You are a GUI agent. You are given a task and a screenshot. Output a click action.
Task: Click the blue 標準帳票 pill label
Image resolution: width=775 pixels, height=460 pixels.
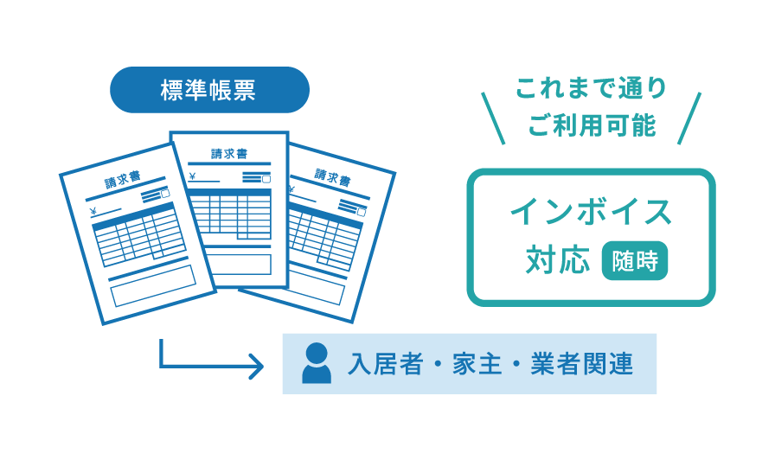pyautogui.click(x=209, y=90)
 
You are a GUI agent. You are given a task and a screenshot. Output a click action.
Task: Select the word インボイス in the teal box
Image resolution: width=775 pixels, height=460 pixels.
pyautogui.click(x=591, y=212)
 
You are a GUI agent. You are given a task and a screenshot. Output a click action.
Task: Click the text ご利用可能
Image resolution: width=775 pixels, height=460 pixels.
pyautogui.click(x=592, y=125)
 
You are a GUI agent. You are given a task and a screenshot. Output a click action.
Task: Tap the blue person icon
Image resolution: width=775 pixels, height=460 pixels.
pyautogui.click(x=317, y=363)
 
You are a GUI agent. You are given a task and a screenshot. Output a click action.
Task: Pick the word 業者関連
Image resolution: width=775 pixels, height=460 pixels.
pyautogui.click(x=584, y=364)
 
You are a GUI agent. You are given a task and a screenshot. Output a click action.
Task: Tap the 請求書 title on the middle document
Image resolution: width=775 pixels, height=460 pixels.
pyautogui.click(x=228, y=154)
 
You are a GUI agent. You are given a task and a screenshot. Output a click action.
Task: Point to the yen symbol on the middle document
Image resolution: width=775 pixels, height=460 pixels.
pyautogui.click(x=192, y=178)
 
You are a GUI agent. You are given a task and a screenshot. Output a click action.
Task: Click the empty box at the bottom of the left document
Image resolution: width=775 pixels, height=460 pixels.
pyautogui.click(x=153, y=286)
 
